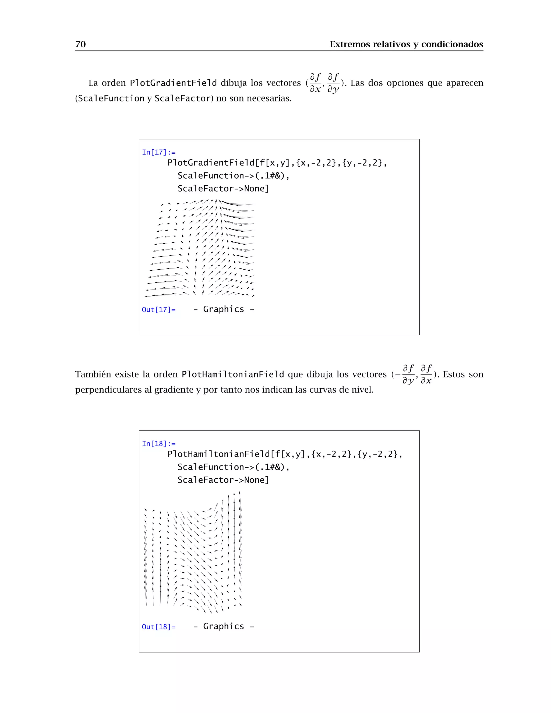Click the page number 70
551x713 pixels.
(80, 44)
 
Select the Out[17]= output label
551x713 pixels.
(159, 309)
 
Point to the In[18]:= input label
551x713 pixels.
(159, 443)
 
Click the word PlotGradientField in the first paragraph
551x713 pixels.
(173, 83)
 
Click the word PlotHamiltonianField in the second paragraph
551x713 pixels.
(232, 374)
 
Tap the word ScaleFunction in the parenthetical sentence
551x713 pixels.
(111, 98)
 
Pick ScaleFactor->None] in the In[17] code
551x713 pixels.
(223, 188)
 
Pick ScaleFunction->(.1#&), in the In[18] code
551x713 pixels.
(233, 467)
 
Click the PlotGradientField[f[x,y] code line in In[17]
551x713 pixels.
(277, 163)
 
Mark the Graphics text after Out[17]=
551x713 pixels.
(224, 309)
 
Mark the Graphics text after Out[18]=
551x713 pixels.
(224, 626)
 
